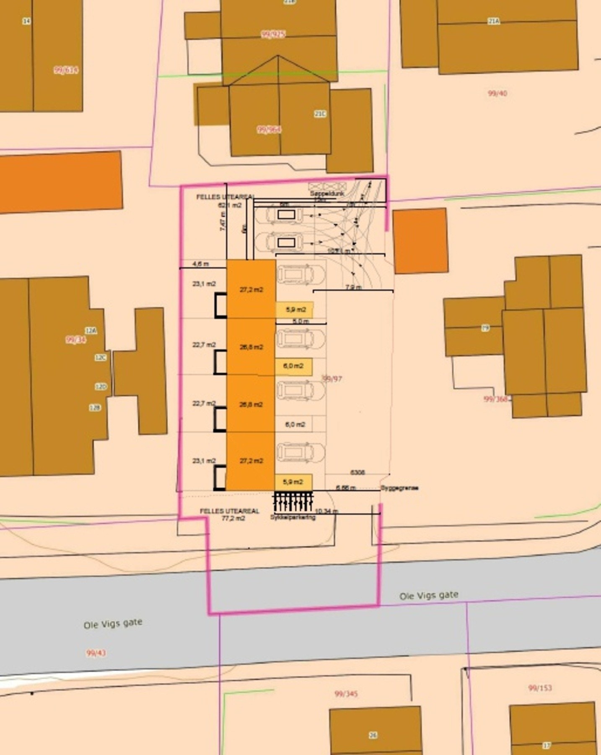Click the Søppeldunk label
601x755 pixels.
[x=327, y=194]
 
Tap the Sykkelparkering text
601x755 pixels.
[x=293, y=517]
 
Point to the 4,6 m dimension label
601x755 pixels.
[x=200, y=264]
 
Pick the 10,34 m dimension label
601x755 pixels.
[x=326, y=511]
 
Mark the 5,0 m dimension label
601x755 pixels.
[x=300, y=321]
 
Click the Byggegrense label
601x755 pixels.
[x=399, y=488]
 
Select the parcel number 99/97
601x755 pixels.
[x=332, y=379]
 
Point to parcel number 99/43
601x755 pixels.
[x=96, y=653]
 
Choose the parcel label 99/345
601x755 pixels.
[x=346, y=694]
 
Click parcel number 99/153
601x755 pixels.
[x=540, y=688]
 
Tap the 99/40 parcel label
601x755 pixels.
[x=497, y=93]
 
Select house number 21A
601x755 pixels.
[x=493, y=21]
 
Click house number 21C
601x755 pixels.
[x=320, y=114]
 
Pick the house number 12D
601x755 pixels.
[x=101, y=387]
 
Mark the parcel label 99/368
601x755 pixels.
[x=496, y=399]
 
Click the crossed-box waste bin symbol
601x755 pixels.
[x=326, y=186]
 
